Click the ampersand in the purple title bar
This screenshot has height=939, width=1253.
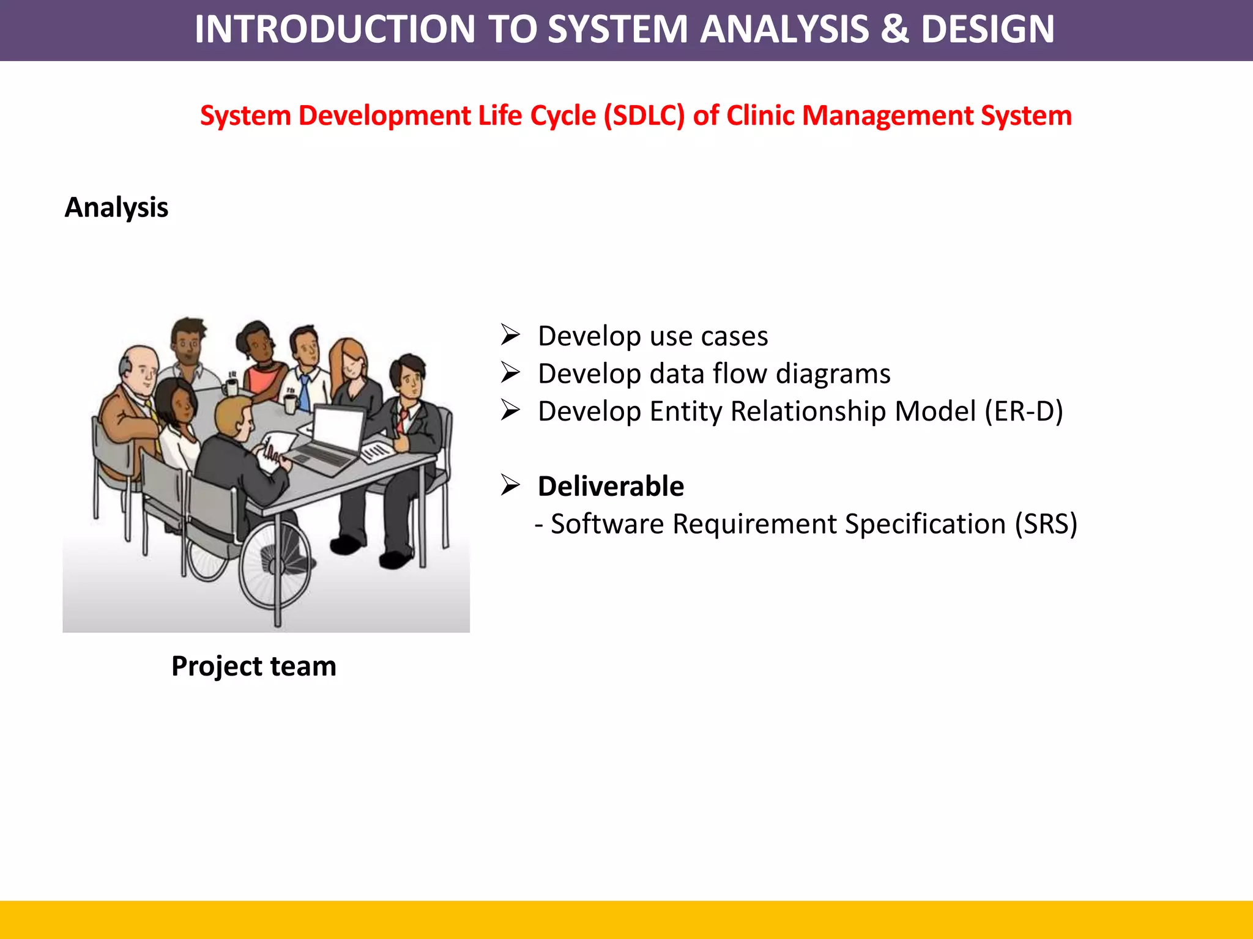[894, 29]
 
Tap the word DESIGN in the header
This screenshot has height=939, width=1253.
[987, 29]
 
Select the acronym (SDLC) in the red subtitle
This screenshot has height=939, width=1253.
[644, 116]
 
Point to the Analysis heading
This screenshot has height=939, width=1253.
[116, 208]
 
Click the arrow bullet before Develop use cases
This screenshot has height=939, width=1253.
[510, 335]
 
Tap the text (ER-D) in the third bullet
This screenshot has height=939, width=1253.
[1024, 411]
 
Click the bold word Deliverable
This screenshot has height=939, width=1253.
[611, 487]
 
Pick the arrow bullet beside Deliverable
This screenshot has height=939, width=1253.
[510, 485]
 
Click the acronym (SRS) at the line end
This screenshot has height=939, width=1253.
[1046, 524]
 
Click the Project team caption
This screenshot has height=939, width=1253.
[254, 666]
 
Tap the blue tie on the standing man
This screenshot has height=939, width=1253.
[304, 391]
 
